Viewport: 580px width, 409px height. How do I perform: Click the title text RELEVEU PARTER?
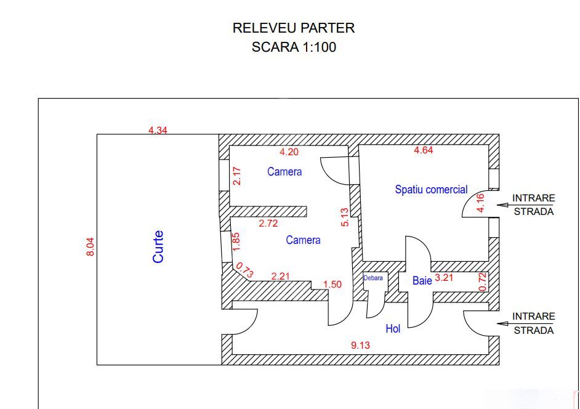293,28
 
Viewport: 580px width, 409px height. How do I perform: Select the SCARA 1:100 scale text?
293,47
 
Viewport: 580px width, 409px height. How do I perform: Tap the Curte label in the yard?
158,246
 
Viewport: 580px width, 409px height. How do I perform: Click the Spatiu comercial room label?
431,190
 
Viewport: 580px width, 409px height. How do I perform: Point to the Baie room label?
422,280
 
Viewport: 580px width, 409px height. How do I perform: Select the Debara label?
373,278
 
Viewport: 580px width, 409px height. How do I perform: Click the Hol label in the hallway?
393,329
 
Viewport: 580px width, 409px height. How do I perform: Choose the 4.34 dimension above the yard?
158,130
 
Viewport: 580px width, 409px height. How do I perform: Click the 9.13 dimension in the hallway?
360,346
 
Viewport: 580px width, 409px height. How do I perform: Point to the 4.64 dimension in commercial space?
423,150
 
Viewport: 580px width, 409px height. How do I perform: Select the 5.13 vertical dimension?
345,217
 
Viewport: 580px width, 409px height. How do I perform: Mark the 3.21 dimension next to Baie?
445,278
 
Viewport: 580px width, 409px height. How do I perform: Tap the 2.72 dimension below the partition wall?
268,224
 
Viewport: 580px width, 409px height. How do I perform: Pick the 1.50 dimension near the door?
332,284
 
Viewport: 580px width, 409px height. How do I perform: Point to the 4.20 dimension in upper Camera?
289,152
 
